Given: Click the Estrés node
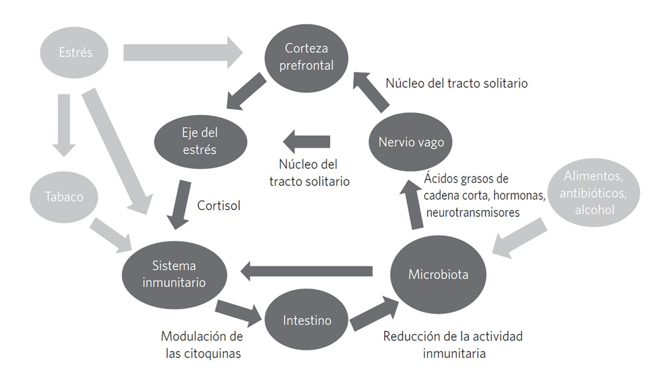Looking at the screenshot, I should (x=76, y=53).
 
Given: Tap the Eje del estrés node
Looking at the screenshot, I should (x=201, y=141).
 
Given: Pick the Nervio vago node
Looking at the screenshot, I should (x=411, y=142).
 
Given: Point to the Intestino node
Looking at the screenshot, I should (x=307, y=320).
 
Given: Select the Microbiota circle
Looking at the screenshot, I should (x=438, y=274).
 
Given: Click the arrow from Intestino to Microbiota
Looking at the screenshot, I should (x=374, y=313).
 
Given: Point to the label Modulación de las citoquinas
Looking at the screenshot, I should (x=201, y=345).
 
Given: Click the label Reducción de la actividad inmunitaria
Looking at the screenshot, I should (x=453, y=345).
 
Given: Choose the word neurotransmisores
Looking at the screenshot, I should (x=473, y=213).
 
